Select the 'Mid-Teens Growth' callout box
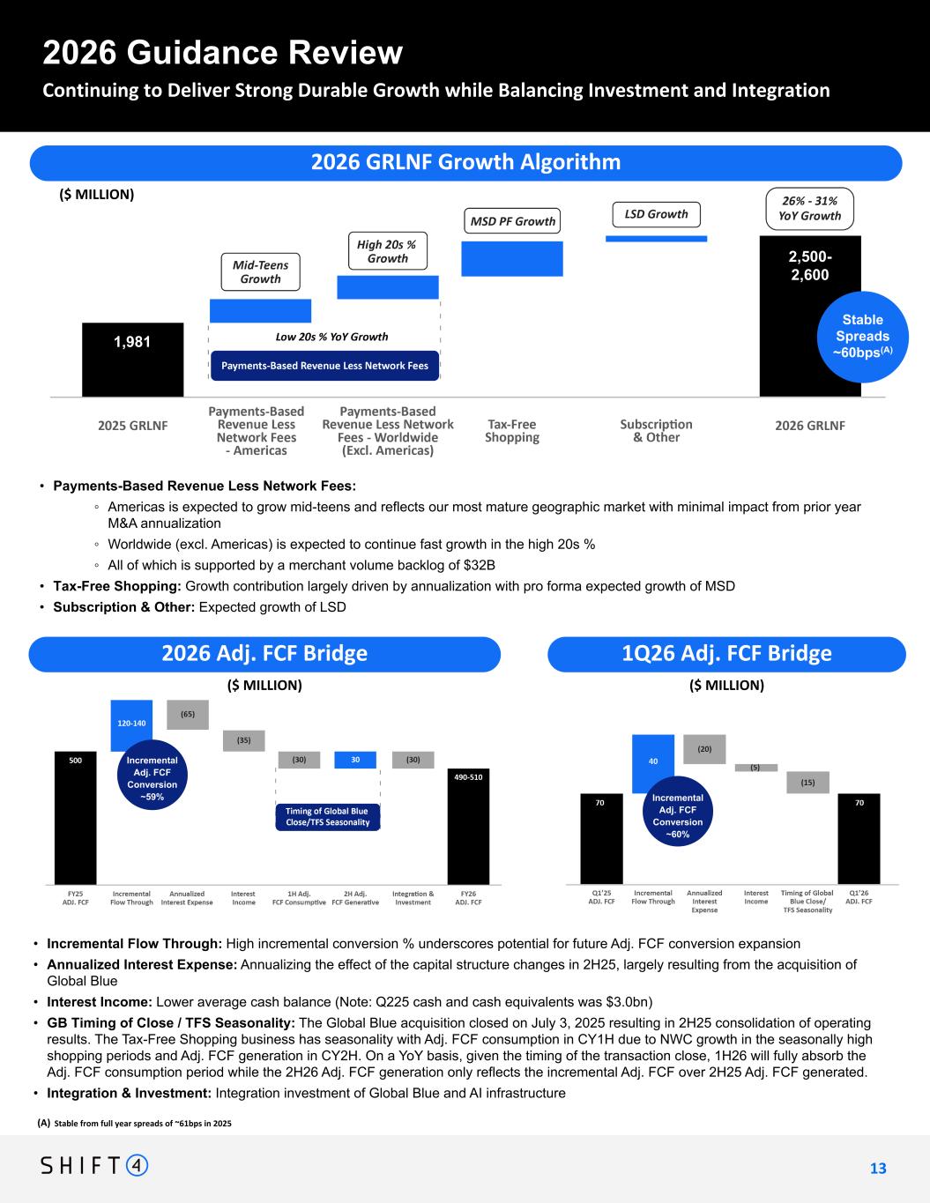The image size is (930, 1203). point(260,271)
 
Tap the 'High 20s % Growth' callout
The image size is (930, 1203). point(388,250)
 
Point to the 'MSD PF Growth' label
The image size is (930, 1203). point(512,221)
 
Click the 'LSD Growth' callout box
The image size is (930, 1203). point(656,214)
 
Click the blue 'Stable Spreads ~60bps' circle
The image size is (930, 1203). point(862,336)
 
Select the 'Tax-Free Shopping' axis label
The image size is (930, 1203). point(512,431)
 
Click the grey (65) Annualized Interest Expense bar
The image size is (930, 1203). point(188,715)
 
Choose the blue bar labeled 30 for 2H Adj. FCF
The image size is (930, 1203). point(354,760)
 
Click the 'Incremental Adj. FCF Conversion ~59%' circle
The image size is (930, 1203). point(152,778)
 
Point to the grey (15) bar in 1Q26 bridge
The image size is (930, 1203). point(807,782)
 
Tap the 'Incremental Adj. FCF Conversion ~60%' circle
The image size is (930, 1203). point(678,815)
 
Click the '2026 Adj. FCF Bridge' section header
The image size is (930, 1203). point(264,654)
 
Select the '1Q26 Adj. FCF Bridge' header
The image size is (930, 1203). point(726,654)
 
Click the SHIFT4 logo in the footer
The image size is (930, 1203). point(94,1166)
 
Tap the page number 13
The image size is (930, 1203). point(878,1169)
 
